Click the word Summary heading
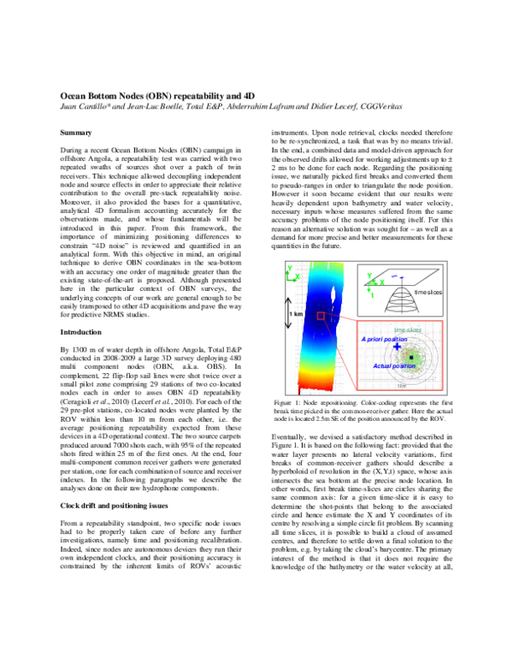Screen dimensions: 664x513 [x=78, y=134]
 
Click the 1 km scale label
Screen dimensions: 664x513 [x=297, y=314]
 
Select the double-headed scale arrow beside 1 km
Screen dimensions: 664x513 [x=288, y=315]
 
